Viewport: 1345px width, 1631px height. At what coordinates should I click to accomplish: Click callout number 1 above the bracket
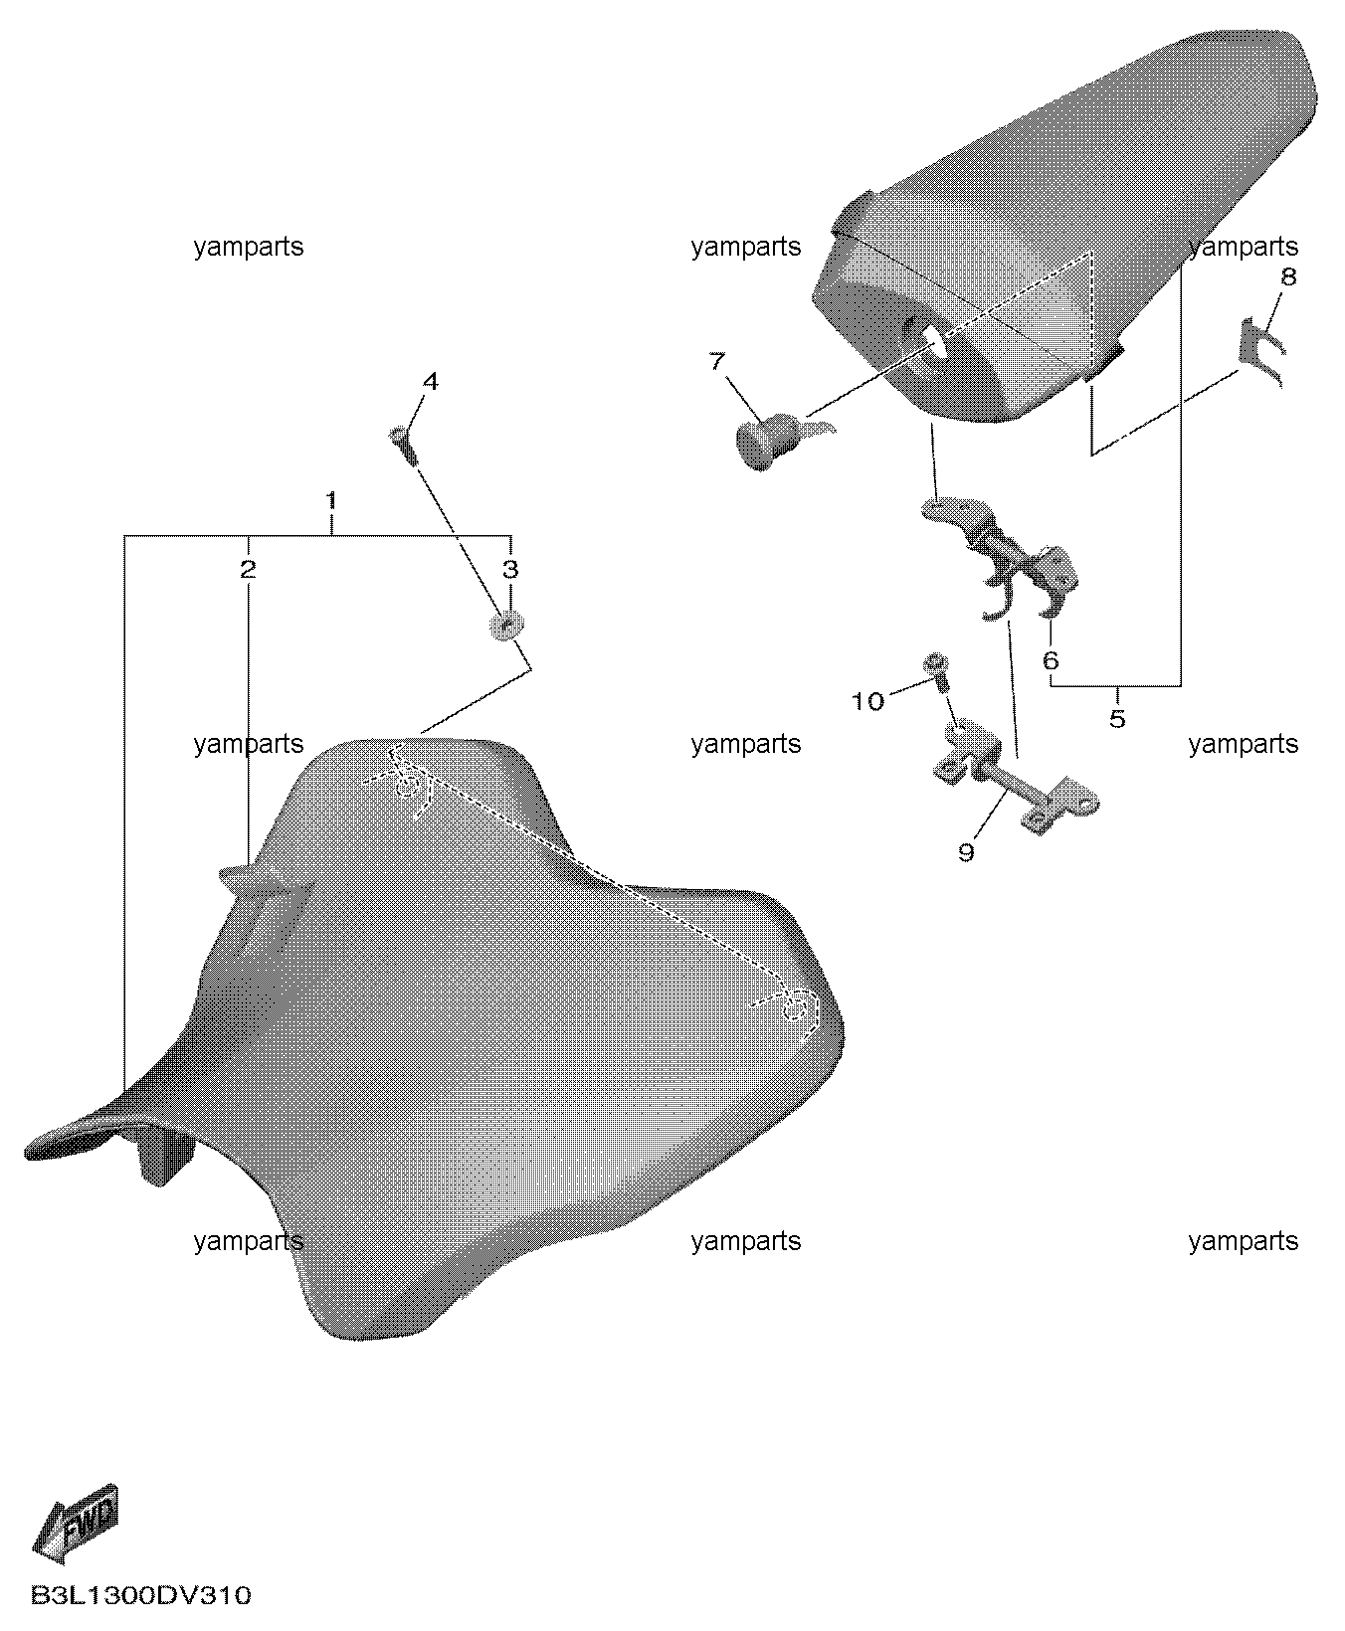pos(331,500)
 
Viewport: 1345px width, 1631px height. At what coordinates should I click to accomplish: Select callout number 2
pos(248,569)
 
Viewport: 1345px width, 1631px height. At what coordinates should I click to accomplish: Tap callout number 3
pos(510,569)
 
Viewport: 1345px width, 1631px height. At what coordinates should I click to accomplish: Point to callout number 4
pos(430,382)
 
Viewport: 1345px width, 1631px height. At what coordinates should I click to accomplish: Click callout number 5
pos(1117,718)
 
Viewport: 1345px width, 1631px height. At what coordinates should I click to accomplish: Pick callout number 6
pos(1051,660)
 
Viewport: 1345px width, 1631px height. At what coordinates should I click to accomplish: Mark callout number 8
pos(1288,276)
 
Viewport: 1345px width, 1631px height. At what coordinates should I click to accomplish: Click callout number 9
pos(966,852)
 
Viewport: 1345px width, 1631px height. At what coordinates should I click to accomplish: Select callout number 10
pos(867,702)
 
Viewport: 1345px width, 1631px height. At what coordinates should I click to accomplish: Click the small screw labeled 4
pos(403,445)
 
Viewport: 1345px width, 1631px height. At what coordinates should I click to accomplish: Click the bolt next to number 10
pos(938,671)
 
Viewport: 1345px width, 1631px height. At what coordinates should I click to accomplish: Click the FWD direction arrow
pos(77,1522)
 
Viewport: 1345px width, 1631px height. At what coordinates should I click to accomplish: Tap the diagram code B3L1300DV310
pos(141,1596)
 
